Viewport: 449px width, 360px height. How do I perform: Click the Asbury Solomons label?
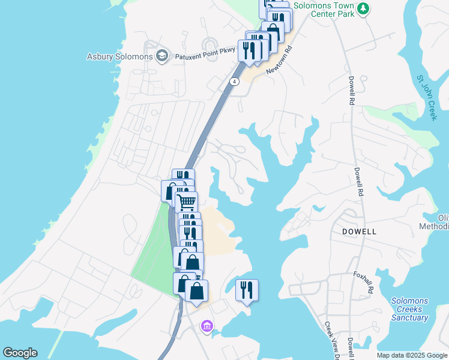[120, 57]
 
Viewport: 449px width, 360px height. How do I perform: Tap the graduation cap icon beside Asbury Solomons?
[161, 57]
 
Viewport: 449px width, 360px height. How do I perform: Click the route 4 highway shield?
[234, 82]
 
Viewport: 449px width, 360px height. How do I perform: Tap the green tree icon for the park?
[363, 8]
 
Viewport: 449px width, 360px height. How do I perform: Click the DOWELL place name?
[359, 231]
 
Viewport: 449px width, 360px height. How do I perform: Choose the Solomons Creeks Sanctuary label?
[410, 309]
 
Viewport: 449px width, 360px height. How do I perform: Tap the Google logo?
[19, 353]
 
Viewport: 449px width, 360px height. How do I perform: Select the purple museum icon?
[207, 326]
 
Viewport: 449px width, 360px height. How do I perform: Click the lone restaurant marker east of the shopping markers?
[247, 290]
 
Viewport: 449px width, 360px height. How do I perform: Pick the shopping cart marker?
[186, 202]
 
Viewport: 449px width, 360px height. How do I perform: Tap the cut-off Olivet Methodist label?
[442, 221]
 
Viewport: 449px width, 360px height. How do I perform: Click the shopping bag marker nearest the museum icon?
[196, 291]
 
